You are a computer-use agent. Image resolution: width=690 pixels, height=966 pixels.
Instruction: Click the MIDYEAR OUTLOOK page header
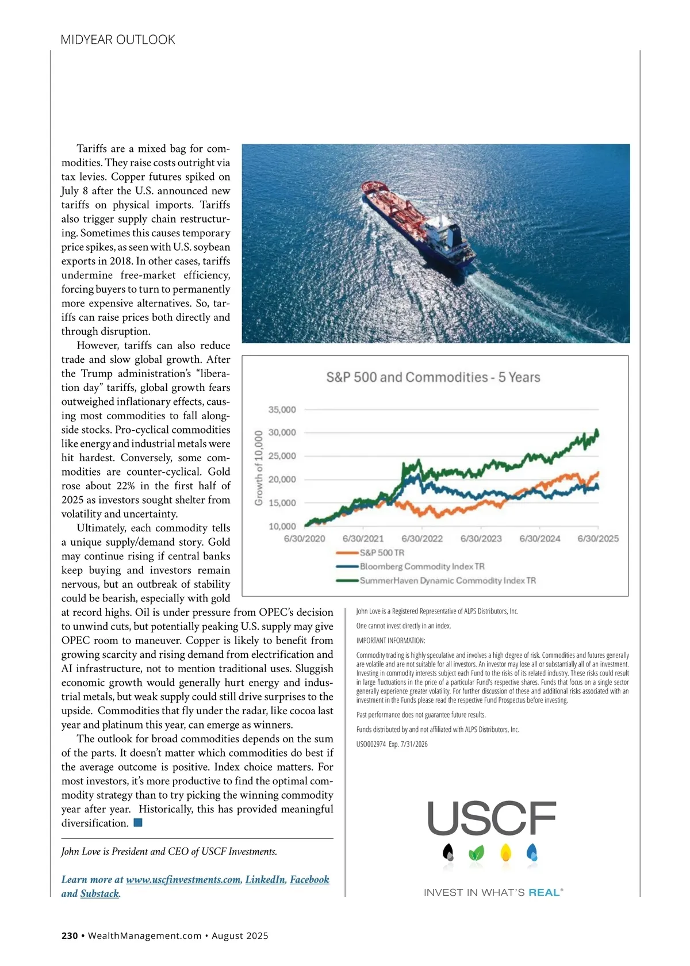[118, 40]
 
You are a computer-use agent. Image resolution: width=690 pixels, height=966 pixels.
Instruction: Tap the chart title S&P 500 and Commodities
[433, 377]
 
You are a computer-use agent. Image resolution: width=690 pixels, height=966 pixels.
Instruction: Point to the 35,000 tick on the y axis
[282, 409]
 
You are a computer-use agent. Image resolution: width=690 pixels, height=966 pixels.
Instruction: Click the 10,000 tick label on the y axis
[282, 526]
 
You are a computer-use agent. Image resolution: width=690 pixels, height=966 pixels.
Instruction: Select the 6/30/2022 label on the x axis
[422, 539]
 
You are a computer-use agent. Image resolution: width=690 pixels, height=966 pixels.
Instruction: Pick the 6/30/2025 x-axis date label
[598, 539]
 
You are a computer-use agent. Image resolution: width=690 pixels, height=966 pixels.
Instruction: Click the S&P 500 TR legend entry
[382, 553]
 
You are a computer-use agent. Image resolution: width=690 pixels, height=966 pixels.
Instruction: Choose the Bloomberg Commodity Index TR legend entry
[421, 566]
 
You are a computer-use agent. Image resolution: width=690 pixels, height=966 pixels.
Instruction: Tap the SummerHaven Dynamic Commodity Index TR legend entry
[447, 581]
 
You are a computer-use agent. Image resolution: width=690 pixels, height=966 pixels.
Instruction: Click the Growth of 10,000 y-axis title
[259, 468]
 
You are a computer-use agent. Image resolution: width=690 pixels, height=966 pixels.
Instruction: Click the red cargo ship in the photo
[418, 224]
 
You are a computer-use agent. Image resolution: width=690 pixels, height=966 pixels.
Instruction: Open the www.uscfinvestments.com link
[183, 879]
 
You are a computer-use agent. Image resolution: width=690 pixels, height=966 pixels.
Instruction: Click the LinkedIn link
[265, 879]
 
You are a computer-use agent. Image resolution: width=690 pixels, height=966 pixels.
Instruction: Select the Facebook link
[309, 879]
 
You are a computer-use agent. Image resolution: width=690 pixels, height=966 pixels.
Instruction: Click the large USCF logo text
[492, 819]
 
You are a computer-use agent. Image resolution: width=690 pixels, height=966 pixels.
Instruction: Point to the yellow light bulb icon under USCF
[506, 852]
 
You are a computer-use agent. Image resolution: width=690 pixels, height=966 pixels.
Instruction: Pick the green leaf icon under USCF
[476, 853]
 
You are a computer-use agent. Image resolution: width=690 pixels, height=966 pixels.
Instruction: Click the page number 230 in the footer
[70, 936]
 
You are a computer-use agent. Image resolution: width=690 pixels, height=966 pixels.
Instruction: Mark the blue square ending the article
[138, 823]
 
